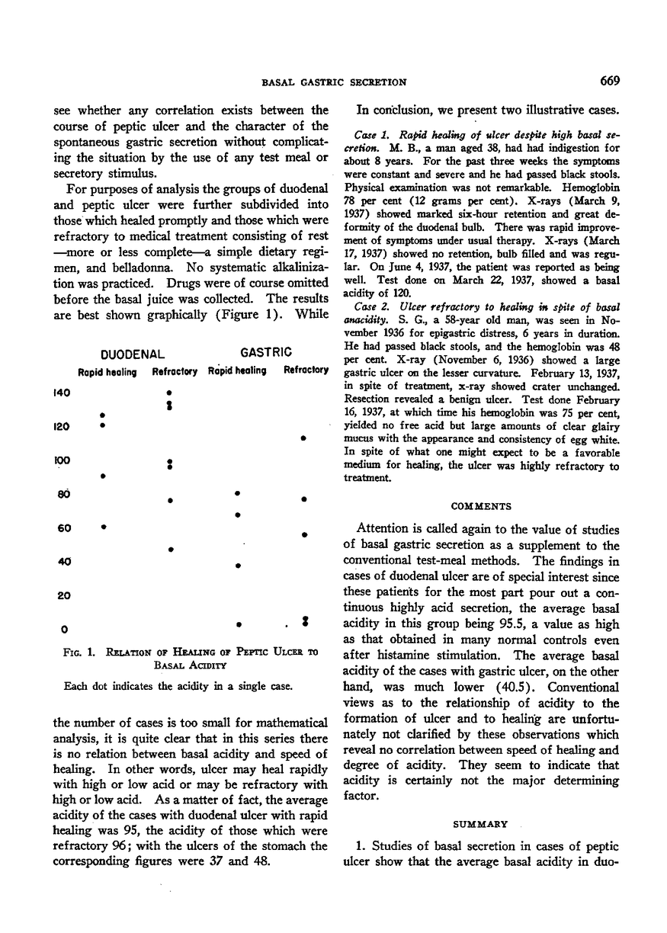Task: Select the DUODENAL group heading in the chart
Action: pos(133,354)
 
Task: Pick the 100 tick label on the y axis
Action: pos(63,460)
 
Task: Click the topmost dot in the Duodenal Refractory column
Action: pos(170,393)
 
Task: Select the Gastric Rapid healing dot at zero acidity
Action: pos(239,625)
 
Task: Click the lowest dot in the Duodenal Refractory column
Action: pos(171,549)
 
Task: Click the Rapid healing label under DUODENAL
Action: pos(107,372)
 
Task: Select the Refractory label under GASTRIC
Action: pos(305,371)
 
